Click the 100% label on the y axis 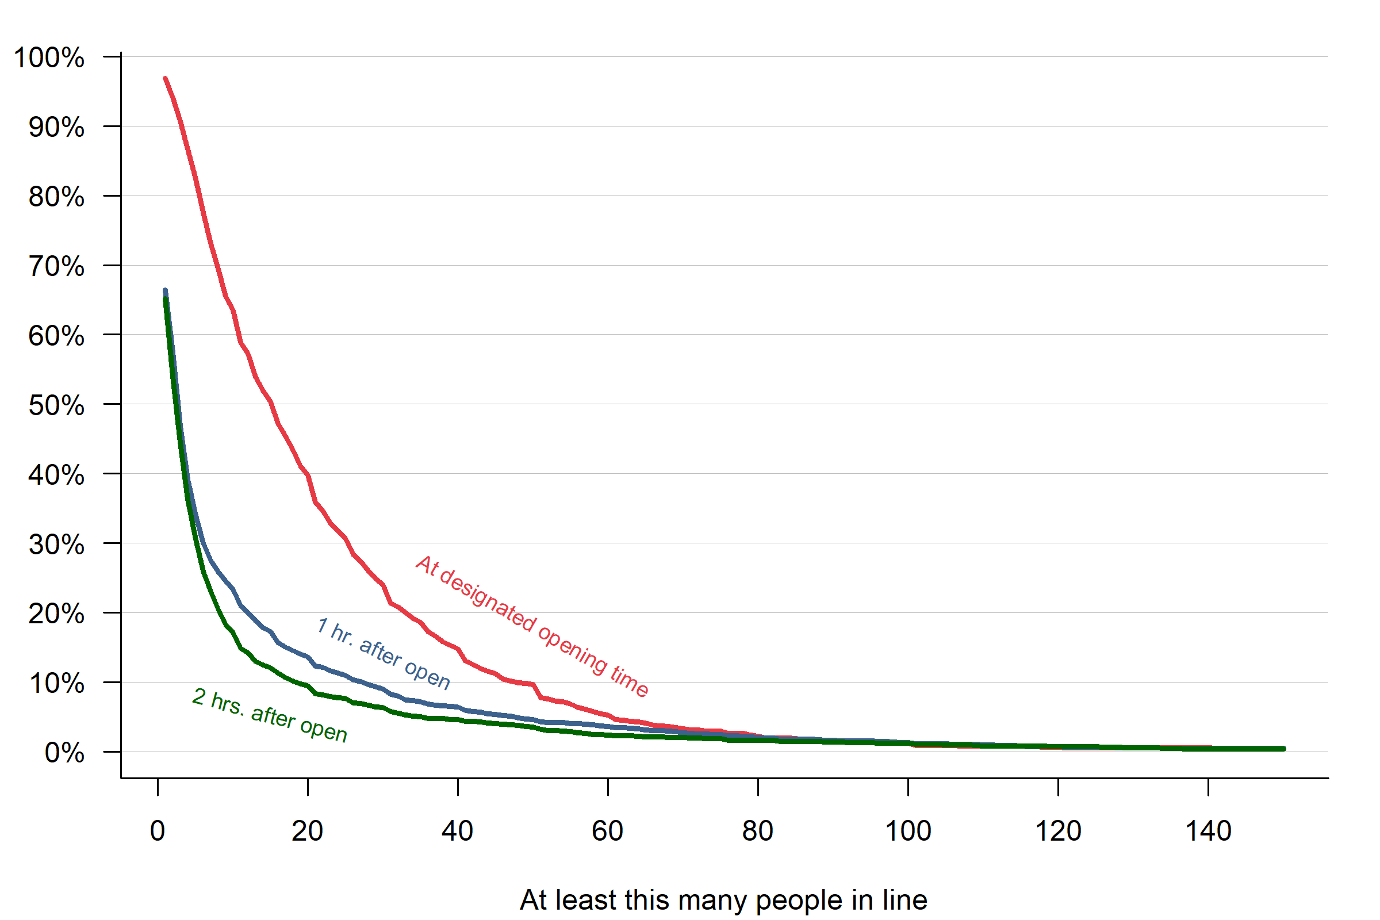click(49, 58)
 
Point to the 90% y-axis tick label click(56, 127)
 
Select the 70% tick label click(56, 266)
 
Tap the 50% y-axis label click(56, 405)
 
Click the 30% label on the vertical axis click(56, 545)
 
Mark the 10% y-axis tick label click(56, 684)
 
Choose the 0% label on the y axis click(64, 753)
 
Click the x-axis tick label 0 click(157, 831)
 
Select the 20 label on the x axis click(308, 831)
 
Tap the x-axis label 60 click(607, 831)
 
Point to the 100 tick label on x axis click(908, 831)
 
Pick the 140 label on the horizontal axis click(1208, 831)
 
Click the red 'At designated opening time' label click(531, 626)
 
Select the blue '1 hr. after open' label click(383, 653)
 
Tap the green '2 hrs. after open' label click(270, 715)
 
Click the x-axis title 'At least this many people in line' click(723, 900)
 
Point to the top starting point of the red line click(165, 78)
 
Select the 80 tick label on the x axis click(757, 831)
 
